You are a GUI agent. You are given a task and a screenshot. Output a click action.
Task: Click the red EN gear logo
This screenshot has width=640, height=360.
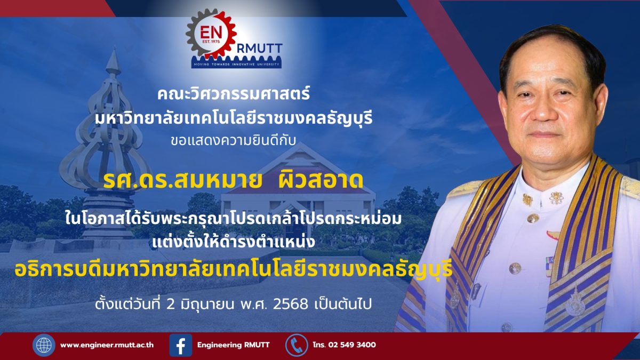point(211,34)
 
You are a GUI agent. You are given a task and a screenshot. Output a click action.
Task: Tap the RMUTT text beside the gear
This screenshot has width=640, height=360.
point(259,49)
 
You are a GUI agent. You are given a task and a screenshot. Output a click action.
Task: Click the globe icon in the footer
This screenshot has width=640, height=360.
point(44,345)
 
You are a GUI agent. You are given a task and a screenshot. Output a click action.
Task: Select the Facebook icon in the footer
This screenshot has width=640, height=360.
point(181,345)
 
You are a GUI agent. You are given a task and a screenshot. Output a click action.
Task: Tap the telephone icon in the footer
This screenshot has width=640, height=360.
point(297,345)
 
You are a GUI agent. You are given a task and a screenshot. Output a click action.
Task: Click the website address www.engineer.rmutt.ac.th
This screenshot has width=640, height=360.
point(107,345)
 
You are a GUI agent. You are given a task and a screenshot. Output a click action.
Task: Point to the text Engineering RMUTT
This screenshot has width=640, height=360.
point(234,345)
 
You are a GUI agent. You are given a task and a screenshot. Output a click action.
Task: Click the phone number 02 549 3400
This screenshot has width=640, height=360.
point(352,345)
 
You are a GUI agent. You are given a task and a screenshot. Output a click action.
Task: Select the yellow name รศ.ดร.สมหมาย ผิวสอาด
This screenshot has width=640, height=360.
point(233,180)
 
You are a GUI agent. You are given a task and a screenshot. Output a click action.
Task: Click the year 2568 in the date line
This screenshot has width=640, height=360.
point(291,305)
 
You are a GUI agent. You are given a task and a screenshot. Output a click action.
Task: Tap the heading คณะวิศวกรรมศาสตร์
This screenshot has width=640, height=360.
point(234,94)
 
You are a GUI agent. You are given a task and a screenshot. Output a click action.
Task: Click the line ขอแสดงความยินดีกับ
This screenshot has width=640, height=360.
point(233,140)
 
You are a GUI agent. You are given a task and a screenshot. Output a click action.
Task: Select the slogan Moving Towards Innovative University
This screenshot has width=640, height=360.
point(237,65)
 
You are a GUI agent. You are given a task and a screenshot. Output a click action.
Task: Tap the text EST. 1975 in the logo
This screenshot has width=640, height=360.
point(211,42)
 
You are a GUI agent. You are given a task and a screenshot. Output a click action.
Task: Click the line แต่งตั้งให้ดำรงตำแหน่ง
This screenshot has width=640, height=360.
point(234,242)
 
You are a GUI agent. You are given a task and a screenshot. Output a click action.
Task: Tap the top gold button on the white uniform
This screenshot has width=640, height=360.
point(532,219)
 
